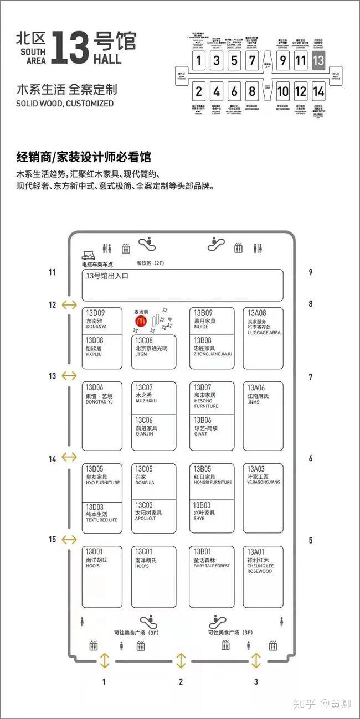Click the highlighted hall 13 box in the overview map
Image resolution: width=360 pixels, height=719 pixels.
tap(318, 60)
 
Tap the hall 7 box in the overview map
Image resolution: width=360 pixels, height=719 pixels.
tap(252, 60)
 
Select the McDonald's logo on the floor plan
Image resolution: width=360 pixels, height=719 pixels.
tap(141, 320)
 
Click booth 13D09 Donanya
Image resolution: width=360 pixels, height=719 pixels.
tap(102, 320)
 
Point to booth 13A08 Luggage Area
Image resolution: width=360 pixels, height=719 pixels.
tap(263, 338)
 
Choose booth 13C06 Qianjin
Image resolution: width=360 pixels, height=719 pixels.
tap(154, 432)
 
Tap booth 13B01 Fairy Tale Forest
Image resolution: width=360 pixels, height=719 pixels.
tap(212, 577)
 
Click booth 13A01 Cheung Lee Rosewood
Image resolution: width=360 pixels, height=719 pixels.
tap(263, 577)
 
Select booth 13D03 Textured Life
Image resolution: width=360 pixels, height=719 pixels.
tap(102, 518)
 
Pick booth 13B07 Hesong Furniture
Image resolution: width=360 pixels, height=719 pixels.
tap(212, 397)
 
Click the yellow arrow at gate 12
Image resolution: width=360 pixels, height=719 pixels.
tap(70, 304)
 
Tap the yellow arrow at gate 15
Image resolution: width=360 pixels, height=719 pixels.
tap(70, 540)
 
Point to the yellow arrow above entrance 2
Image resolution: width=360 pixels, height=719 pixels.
tap(181, 660)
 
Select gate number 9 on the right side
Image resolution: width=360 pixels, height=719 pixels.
tap(311, 272)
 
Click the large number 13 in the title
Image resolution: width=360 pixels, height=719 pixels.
tap(70, 47)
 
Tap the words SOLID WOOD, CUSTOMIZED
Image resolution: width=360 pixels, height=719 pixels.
tap(65, 104)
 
